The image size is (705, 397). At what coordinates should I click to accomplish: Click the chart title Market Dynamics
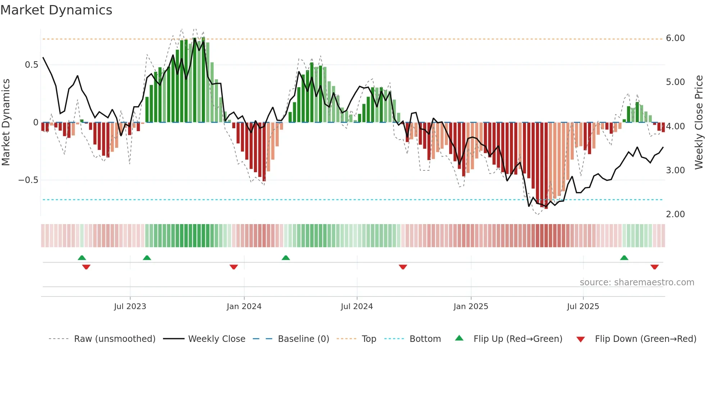click(x=56, y=10)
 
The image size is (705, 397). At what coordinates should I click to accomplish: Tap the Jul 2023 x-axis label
click(x=130, y=307)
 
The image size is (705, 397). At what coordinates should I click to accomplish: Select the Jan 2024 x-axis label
click(x=244, y=307)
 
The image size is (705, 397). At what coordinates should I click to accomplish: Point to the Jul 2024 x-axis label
click(x=356, y=307)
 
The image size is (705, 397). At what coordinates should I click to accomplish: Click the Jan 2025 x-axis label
click(x=470, y=307)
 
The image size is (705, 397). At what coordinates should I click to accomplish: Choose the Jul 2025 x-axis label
click(x=583, y=307)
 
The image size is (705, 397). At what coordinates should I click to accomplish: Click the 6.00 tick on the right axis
click(x=675, y=38)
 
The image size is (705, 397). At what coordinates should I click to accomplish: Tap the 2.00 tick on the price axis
click(x=675, y=214)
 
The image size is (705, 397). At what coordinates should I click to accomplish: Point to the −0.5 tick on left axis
click(x=28, y=180)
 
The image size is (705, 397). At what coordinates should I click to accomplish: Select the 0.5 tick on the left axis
click(x=31, y=65)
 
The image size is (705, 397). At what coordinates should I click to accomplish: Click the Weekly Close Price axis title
click(x=699, y=122)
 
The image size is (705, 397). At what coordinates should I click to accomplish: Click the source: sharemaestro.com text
click(x=637, y=282)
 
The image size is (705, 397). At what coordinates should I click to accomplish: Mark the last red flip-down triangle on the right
click(x=654, y=267)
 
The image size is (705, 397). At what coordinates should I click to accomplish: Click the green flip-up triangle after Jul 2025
click(x=624, y=258)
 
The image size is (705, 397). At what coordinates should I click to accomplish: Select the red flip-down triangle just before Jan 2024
click(x=233, y=267)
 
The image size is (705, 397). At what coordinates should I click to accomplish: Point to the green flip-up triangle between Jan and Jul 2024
click(x=286, y=258)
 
